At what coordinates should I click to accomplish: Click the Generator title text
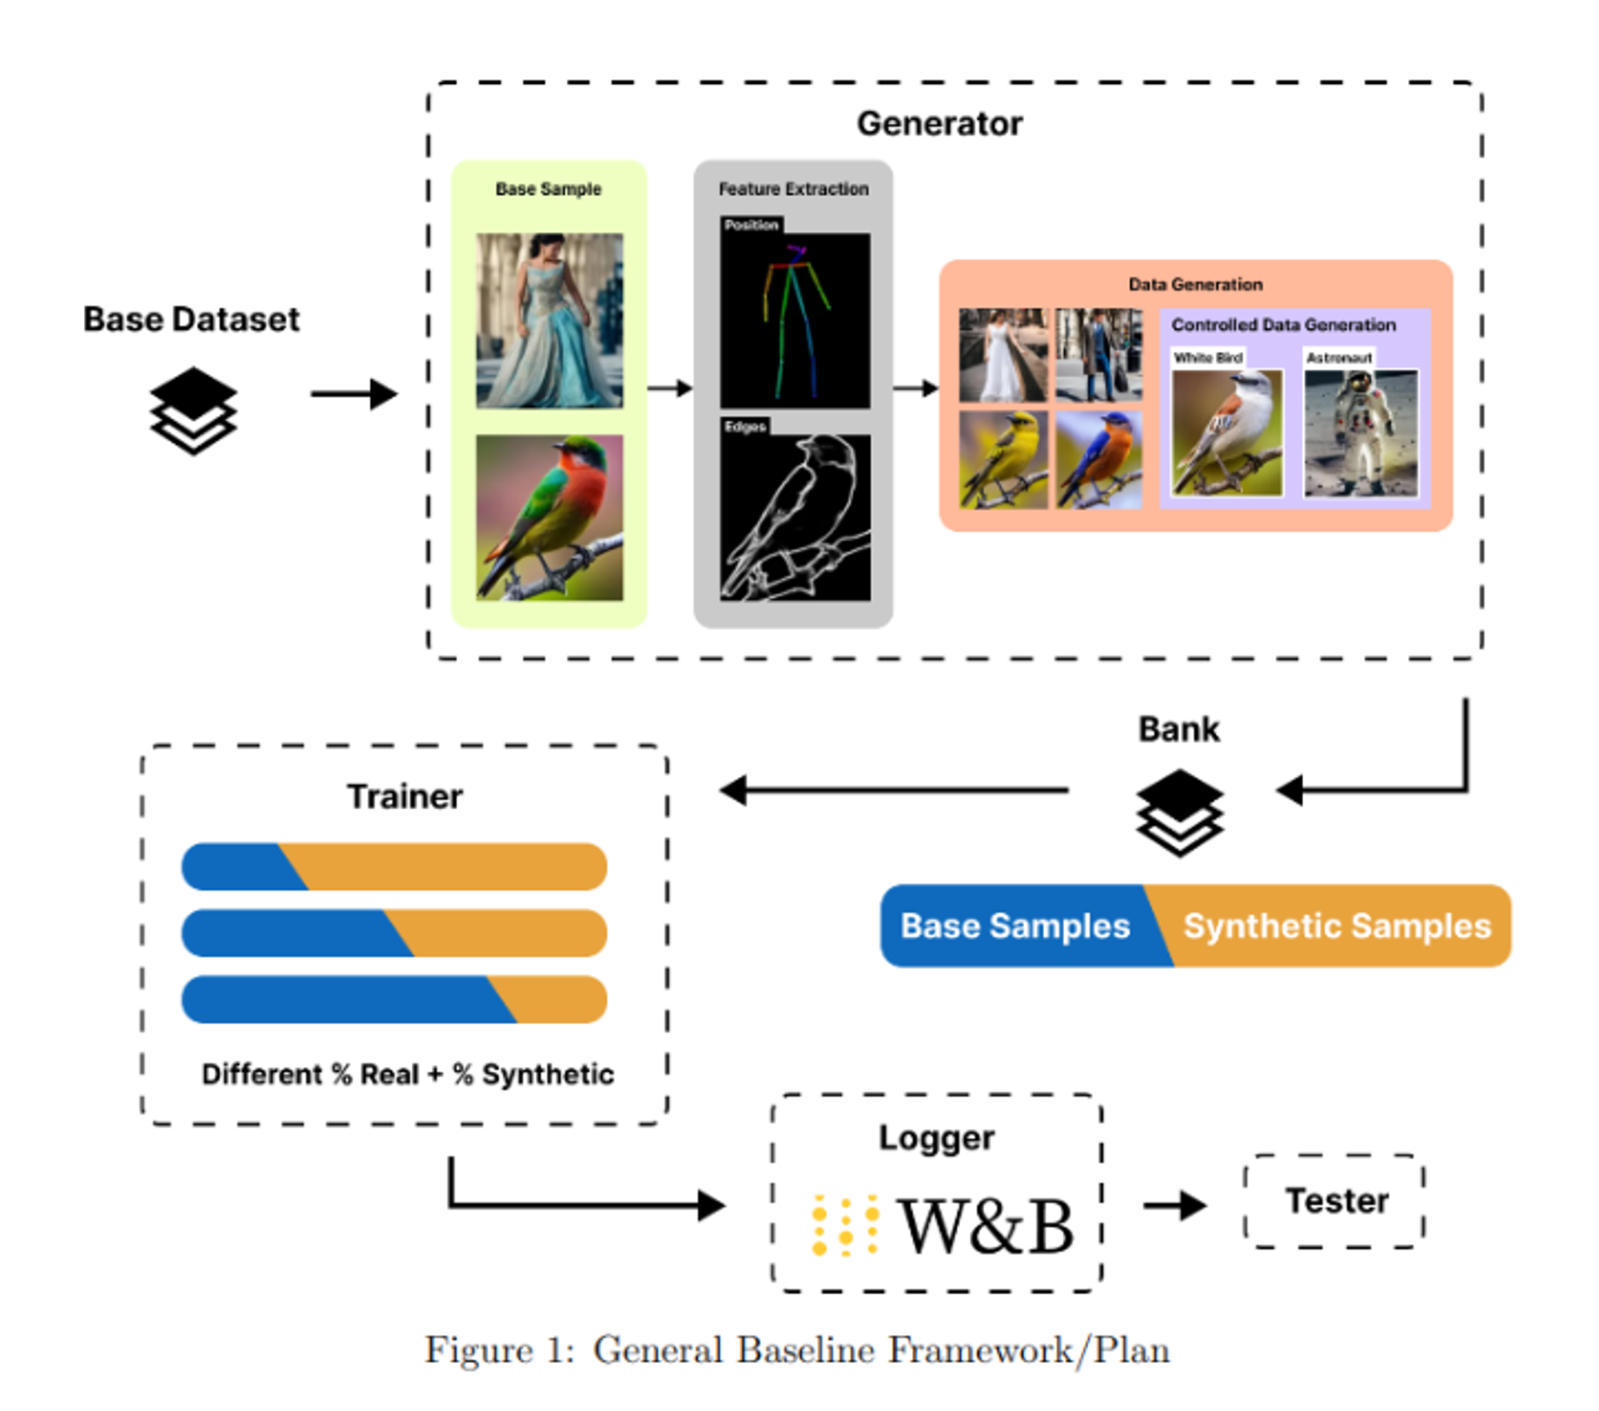(x=939, y=124)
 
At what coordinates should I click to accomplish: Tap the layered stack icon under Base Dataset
(x=193, y=410)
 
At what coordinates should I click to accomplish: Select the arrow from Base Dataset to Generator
(x=353, y=393)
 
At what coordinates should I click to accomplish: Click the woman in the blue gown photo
(x=549, y=321)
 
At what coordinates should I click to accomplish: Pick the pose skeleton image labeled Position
(x=795, y=320)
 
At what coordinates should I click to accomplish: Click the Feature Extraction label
(x=793, y=189)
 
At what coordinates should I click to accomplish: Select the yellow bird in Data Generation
(x=1003, y=460)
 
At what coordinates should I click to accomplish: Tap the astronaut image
(x=1361, y=432)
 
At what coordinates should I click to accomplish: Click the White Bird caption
(x=1208, y=357)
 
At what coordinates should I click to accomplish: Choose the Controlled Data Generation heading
(x=1283, y=325)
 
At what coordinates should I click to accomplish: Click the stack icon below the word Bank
(x=1179, y=812)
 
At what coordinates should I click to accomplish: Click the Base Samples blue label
(x=1015, y=926)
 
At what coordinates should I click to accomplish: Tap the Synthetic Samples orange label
(x=1337, y=926)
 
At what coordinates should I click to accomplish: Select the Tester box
(x=1334, y=1201)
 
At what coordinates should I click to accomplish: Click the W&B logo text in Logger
(x=987, y=1226)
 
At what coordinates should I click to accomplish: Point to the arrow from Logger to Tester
(x=1174, y=1205)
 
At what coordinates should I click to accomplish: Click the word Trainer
(x=405, y=796)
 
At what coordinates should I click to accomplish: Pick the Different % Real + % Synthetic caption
(x=408, y=1074)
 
